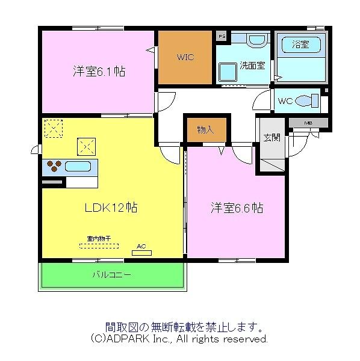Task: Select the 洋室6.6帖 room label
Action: pyautogui.click(x=237, y=208)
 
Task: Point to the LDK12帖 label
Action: pyautogui.click(x=110, y=208)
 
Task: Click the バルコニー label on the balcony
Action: pyautogui.click(x=112, y=275)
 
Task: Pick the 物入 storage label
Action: pyautogui.click(x=205, y=130)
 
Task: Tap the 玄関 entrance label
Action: pyautogui.click(x=272, y=137)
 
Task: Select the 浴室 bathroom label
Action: pyautogui.click(x=300, y=44)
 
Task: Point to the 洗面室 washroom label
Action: pyautogui.click(x=253, y=66)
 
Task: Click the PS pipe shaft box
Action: pyautogui.click(x=222, y=36)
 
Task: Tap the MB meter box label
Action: pyautogui.click(x=308, y=123)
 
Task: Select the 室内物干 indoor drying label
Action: pyautogui.click(x=99, y=238)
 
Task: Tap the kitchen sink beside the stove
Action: pyautogui.click(x=78, y=166)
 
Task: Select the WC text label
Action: pyautogui.click(x=285, y=100)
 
